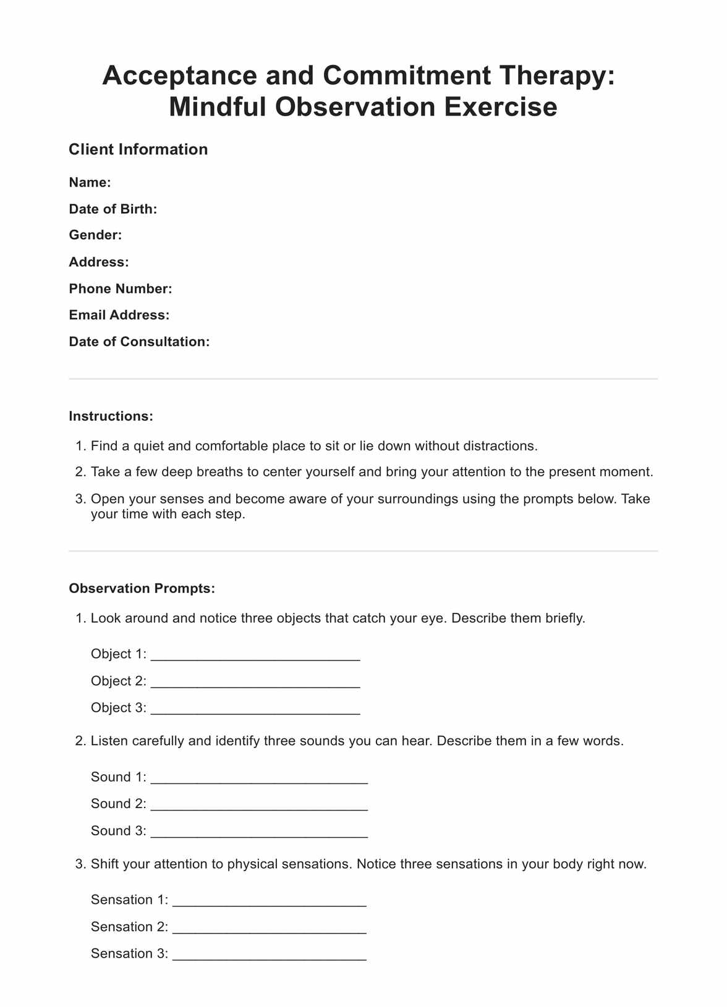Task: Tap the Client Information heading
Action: pyautogui.click(x=138, y=150)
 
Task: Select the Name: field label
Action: pyautogui.click(x=90, y=182)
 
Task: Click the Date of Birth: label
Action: pyautogui.click(x=113, y=209)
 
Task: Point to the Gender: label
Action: pyautogui.click(x=95, y=235)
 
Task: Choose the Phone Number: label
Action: pyautogui.click(x=121, y=289)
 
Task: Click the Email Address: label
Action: pyautogui.click(x=119, y=315)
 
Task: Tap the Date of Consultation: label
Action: pyautogui.click(x=139, y=342)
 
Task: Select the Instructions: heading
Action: pyautogui.click(x=111, y=416)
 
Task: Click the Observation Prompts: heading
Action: pyautogui.click(x=142, y=588)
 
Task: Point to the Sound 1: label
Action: pyautogui.click(x=119, y=777)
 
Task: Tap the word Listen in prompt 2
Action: pyautogui.click(x=109, y=741)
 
